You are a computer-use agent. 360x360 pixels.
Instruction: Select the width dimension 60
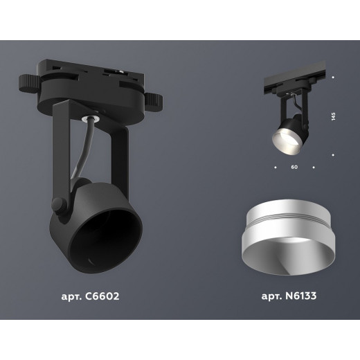[294, 167]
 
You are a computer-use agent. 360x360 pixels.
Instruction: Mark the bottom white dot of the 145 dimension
[333, 154]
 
